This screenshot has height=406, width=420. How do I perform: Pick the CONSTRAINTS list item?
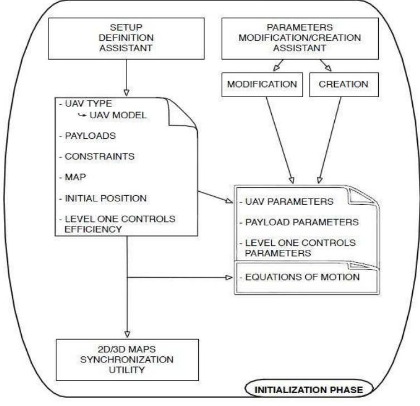[100, 157]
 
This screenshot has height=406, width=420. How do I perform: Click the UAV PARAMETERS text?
[277, 200]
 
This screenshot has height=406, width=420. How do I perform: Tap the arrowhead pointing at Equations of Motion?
[228, 277]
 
